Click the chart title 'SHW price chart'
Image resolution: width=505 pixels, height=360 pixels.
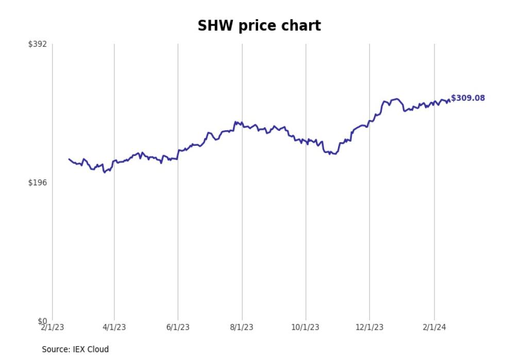259,26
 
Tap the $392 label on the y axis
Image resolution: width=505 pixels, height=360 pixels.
38,44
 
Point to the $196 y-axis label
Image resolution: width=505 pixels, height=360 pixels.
38,182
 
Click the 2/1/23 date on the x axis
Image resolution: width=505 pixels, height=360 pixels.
53,328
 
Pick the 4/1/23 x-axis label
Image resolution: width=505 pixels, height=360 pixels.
114,328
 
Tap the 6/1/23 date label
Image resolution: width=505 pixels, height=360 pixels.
178,328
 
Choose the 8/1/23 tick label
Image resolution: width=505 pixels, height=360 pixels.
242,328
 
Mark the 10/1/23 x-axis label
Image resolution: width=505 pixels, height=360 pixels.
306,328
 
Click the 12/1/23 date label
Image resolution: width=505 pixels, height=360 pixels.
369,328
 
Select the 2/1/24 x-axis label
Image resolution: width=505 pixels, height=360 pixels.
434,328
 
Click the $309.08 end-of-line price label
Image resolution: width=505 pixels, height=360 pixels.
468,98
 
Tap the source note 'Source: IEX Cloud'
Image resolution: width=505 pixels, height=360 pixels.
75,349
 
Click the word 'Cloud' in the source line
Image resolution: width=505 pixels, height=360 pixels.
98,349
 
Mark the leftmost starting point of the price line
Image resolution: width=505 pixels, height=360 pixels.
69,159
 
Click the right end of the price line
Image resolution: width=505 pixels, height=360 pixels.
449,100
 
